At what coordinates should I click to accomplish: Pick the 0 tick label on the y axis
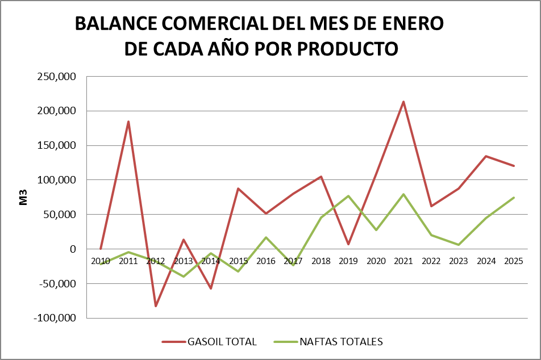tap(72, 249)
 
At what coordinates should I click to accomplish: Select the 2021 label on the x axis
tap(403, 261)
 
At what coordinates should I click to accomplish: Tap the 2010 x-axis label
tap(101, 261)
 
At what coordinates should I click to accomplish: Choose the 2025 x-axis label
tap(514, 261)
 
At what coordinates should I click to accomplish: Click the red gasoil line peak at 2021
tap(403, 102)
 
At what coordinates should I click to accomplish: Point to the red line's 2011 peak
tap(128, 122)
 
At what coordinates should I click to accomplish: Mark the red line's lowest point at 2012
tap(156, 306)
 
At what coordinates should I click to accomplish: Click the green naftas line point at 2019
tap(348, 196)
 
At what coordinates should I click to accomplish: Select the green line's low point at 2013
tap(184, 277)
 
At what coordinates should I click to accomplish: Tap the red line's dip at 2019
tap(348, 244)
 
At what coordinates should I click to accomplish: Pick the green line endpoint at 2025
tap(514, 198)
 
